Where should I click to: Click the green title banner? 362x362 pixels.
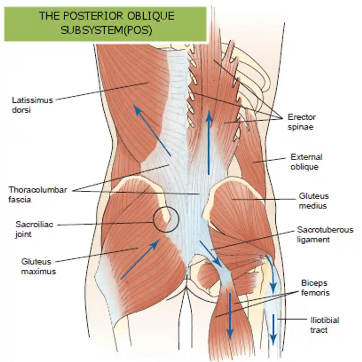[105, 24]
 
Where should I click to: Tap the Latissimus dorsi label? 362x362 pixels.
[32, 105]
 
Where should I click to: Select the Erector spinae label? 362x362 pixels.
[301, 122]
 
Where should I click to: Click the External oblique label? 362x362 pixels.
[306, 162]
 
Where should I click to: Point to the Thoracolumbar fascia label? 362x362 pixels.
[37, 195]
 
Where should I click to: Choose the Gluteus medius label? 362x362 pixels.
[314, 201]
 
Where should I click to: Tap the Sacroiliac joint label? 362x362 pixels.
[34, 229]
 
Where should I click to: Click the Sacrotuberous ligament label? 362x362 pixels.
[325, 234]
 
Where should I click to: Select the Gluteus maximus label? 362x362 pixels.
[38, 266]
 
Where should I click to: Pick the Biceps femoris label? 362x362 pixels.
[315, 288]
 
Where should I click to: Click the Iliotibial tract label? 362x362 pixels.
[324, 325]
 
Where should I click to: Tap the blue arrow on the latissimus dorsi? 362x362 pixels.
[152, 130]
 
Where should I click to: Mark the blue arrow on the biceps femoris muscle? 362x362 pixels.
[230, 315]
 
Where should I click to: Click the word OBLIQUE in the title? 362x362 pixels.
[150, 16]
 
